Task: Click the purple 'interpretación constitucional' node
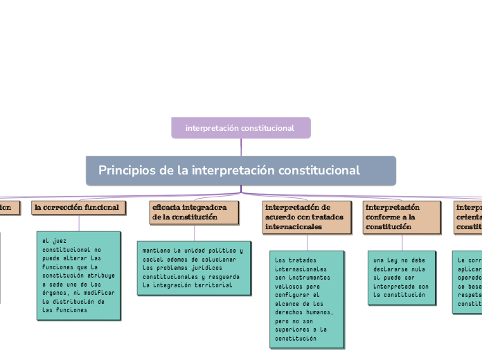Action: [x=240, y=128]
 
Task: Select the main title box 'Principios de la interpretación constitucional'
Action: [x=240, y=170]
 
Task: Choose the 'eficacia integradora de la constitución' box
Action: [x=194, y=212]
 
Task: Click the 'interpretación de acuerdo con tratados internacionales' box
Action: [x=305, y=217]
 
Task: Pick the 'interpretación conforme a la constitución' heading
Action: [x=402, y=217]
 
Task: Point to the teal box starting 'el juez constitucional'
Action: [x=78, y=275]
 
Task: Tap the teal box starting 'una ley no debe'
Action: [x=401, y=277]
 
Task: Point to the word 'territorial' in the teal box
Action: [x=213, y=285]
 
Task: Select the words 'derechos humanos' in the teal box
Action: [x=303, y=312]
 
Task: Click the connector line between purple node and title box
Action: [x=241, y=147]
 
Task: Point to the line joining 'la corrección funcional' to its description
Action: [x=78, y=222]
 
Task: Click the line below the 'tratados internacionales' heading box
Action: [x=305, y=241]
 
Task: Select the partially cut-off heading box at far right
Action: [x=468, y=217]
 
